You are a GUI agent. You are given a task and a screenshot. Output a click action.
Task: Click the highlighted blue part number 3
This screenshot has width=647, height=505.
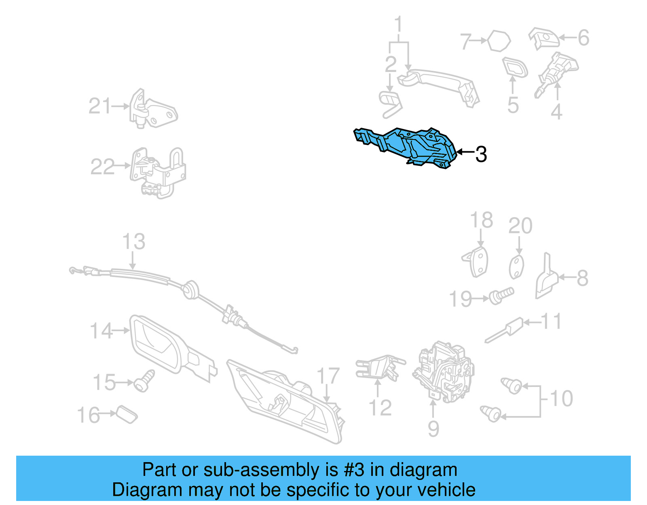pyautogui.click(x=408, y=146)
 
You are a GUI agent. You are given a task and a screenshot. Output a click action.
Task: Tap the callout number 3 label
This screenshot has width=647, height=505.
pyautogui.click(x=481, y=154)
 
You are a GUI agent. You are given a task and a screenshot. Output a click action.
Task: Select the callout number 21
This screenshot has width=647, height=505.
pyautogui.click(x=99, y=106)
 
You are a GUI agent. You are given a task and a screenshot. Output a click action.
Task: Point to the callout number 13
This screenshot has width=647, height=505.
pyautogui.click(x=133, y=242)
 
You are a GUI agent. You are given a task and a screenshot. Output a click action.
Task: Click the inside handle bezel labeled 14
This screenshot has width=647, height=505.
pyautogui.click(x=162, y=344)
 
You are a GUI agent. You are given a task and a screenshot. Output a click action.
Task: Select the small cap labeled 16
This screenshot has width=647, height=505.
pyautogui.click(x=127, y=415)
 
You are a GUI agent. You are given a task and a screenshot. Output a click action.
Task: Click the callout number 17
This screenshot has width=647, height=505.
pyautogui.click(x=328, y=376)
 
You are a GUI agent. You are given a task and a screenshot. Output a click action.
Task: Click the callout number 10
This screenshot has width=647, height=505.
pyautogui.click(x=561, y=399)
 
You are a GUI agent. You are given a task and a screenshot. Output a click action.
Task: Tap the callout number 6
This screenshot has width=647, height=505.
pyautogui.click(x=583, y=38)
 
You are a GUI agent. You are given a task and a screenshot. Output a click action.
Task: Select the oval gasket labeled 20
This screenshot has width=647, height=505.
pyautogui.click(x=516, y=267)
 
